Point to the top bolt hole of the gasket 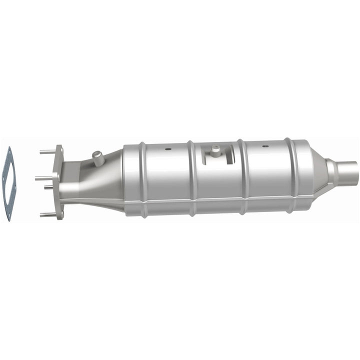[x=8, y=150]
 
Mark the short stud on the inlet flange [x=49, y=187]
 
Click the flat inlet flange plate [x=60, y=182]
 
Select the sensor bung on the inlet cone [x=98, y=158]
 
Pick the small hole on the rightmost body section [x=265, y=146]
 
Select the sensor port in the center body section [x=215, y=150]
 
